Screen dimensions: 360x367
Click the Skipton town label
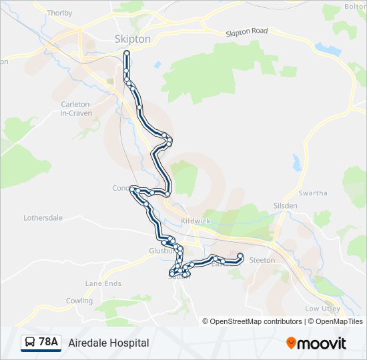tap(132, 39)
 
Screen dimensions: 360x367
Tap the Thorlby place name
tap(59, 13)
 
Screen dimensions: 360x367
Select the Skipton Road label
tap(246, 31)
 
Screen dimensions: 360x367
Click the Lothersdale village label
tap(43, 218)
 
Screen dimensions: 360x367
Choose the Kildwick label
tap(196, 221)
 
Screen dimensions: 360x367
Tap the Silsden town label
tap(286, 206)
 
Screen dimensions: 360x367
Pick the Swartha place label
tap(313, 193)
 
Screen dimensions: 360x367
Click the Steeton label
tap(262, 261)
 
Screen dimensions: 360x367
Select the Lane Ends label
tap(103, 283)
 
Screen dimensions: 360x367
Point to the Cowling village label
tap(79, 301)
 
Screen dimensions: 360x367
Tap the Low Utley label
tap(322, 309)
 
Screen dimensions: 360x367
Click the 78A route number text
tap(49, 342)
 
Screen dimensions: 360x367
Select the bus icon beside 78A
tap(30, 343)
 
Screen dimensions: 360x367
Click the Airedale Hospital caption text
tap(108, 343)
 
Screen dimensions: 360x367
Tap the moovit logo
tap(316, 343)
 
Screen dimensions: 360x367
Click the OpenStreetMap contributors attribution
tap(256, 321)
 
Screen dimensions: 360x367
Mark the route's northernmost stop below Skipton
tap(126, 59)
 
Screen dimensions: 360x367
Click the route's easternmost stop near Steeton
tap(240, 256)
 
